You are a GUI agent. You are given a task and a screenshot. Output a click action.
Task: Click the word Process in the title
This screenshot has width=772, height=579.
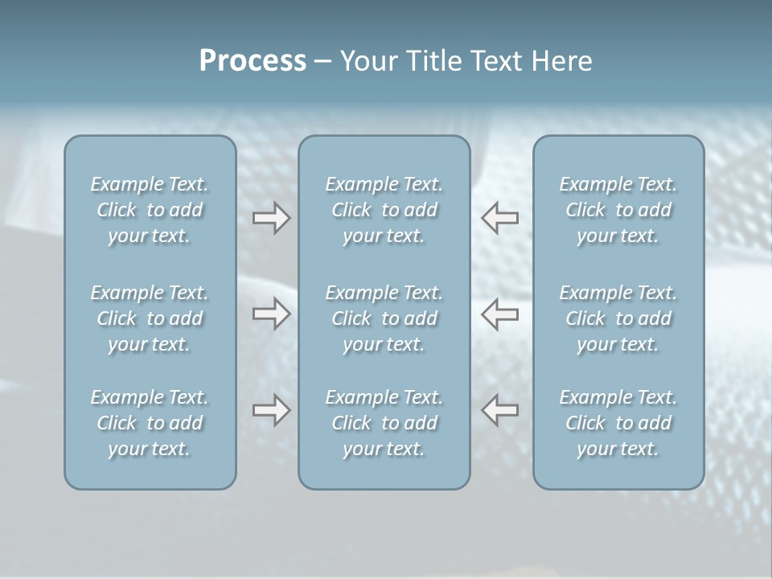[x=253, y=61]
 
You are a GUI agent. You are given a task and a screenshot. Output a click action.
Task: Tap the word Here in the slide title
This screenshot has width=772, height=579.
[x=561, y=61]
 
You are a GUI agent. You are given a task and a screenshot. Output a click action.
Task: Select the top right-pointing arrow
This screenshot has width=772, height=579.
[x=271, y=218]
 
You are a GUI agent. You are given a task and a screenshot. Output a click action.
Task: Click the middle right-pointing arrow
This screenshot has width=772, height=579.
[x=271, y=314]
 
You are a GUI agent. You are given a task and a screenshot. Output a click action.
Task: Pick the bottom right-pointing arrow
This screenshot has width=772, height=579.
[x=271, y=411]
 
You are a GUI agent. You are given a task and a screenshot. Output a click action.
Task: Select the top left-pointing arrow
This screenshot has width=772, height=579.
[x=499, y=218]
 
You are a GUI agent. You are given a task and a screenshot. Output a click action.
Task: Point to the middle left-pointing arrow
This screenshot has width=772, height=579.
[x=499, y=314]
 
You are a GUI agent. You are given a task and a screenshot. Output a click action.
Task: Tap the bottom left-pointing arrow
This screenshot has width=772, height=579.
[x=499, y=411]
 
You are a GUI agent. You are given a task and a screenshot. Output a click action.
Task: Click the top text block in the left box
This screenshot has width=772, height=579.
[x=150, y=210]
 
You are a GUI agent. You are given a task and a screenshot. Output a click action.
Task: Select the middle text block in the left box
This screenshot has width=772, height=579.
[x=150, y=318]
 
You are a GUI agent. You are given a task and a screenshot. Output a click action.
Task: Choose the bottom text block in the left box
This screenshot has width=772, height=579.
[x=150, y=423]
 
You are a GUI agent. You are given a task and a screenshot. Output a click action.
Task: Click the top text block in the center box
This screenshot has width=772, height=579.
[x=384, y=210]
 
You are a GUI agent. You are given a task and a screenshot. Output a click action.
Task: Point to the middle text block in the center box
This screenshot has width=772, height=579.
[x=384, y=318]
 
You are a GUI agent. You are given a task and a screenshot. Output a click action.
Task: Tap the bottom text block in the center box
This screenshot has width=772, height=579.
[x=384, y=423]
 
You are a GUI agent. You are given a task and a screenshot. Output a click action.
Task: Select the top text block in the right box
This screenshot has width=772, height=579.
[x=618, y=210]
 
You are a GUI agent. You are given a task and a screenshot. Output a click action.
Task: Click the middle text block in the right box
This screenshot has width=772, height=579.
[x=618, y=318]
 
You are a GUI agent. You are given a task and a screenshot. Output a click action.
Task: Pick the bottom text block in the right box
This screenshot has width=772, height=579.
[x=618, y=423]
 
